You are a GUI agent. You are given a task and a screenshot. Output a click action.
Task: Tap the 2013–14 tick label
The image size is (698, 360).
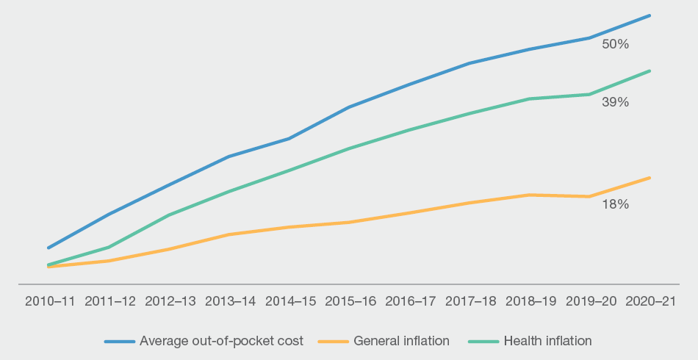231,301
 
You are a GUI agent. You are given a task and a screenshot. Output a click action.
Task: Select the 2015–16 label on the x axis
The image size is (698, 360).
351,301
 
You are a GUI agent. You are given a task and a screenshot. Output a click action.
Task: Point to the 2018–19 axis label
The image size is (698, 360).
529,301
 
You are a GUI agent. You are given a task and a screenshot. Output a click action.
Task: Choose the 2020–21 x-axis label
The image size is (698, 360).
650,301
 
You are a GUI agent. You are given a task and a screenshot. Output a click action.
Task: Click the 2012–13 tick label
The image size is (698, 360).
170,301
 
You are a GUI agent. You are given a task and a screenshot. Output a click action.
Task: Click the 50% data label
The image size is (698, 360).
615,44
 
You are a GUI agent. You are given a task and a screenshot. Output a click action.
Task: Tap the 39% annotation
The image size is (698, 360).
615,103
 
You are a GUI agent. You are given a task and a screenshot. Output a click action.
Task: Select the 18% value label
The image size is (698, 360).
615,205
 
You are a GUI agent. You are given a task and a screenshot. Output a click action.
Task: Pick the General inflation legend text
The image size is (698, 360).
401,341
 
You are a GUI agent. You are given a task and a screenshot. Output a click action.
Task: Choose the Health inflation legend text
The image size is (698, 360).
547,341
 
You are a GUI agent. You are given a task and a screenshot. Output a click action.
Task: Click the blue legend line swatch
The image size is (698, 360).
120,342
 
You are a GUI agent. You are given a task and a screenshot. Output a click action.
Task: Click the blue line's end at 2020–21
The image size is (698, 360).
650,15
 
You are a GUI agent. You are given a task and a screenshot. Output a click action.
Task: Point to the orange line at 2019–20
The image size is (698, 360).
589,196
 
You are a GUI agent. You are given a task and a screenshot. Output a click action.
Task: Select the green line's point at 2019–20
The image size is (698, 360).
589,94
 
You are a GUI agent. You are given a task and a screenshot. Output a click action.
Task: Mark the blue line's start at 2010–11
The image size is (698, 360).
48,248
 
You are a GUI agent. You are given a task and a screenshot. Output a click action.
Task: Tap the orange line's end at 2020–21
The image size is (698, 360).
650,178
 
